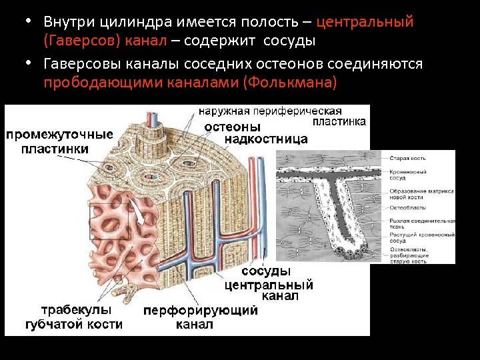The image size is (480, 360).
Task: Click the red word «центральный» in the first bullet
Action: [365, 22]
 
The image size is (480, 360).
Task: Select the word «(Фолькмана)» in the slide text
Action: [291, 83]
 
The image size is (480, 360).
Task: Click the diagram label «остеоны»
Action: [232, 127]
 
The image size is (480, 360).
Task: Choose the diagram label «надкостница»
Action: [266, 139]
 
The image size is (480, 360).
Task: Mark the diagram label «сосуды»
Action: [265, 272]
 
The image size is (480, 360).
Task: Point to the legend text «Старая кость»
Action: [408, 158]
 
